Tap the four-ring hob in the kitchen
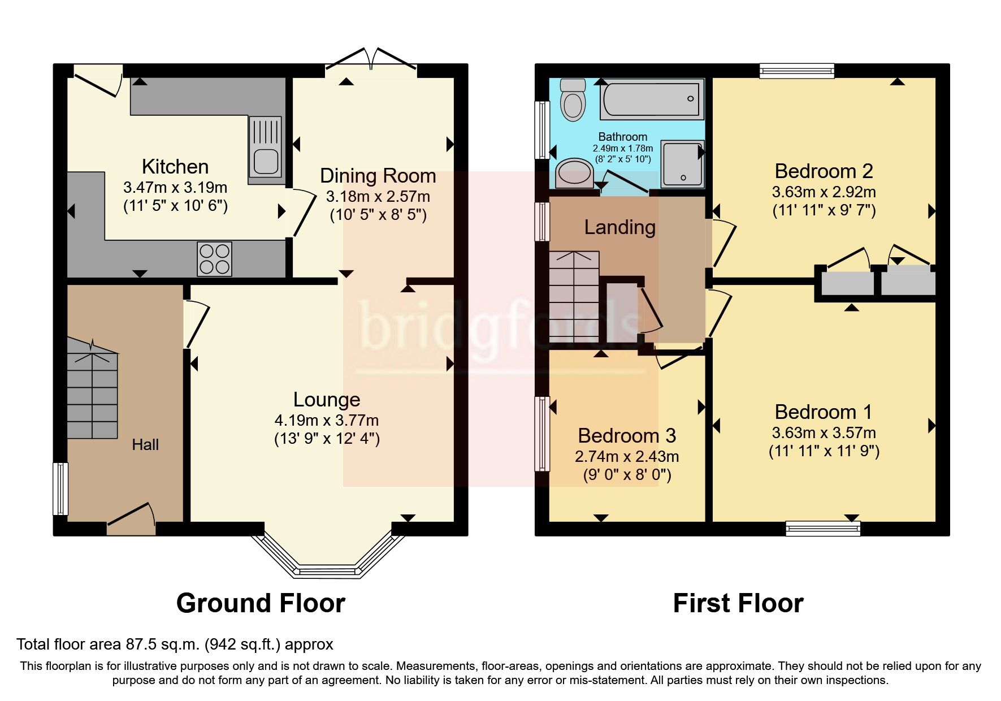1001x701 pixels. (214, 258)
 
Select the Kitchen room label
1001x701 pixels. (175, 167)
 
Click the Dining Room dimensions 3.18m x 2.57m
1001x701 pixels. (378, 197)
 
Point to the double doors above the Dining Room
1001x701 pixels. (371, 59)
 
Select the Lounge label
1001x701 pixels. (327, 400)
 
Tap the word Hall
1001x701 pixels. (145, 445)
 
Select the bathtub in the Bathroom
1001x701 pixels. (652, 98)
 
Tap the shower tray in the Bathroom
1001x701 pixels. (683, 164)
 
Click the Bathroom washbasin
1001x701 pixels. (574, 172)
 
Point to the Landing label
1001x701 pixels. (620, 227)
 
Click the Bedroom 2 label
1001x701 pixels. (824, 171)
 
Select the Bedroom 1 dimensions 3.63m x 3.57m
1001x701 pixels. (824, 433)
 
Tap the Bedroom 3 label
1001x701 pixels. (627, 436)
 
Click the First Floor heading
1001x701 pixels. (738, 603)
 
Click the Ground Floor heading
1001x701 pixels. (261, 603)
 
